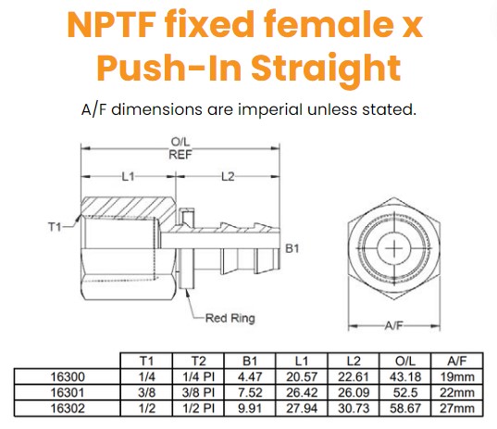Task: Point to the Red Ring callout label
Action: (x=230, y=318)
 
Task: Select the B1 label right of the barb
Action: (x=292, y=248)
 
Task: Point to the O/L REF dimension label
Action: (x=180, y=148)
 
